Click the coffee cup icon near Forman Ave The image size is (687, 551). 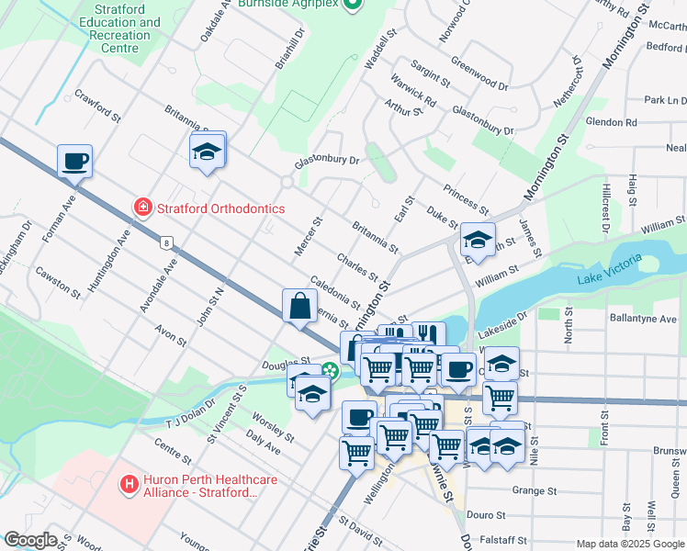(x=74, y=162)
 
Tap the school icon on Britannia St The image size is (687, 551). (x=207, y=152)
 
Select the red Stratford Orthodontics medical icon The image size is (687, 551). (x=142, y=208)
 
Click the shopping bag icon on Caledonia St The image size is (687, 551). (x=301, y=307)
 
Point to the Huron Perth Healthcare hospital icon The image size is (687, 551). (x=130, y=482)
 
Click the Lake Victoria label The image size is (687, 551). (x=609, y=276)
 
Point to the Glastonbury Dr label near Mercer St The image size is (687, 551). (x=326, y=160)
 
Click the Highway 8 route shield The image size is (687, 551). (x=165, y=242)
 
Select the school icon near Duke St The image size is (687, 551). (x=478, y=240)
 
